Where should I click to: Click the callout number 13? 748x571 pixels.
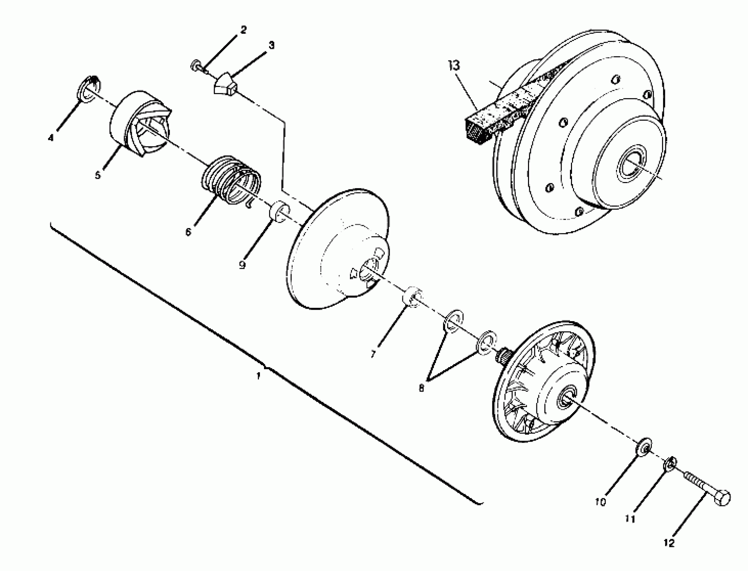point(454,65)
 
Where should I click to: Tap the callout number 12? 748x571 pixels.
point(669,543)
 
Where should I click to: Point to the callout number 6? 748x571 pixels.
point(188,232)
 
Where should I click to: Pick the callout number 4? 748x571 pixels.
point(51,138)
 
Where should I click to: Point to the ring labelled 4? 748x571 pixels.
point(89,89)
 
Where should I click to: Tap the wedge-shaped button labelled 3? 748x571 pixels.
point(225,84)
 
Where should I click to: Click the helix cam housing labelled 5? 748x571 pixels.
point(139,124)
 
